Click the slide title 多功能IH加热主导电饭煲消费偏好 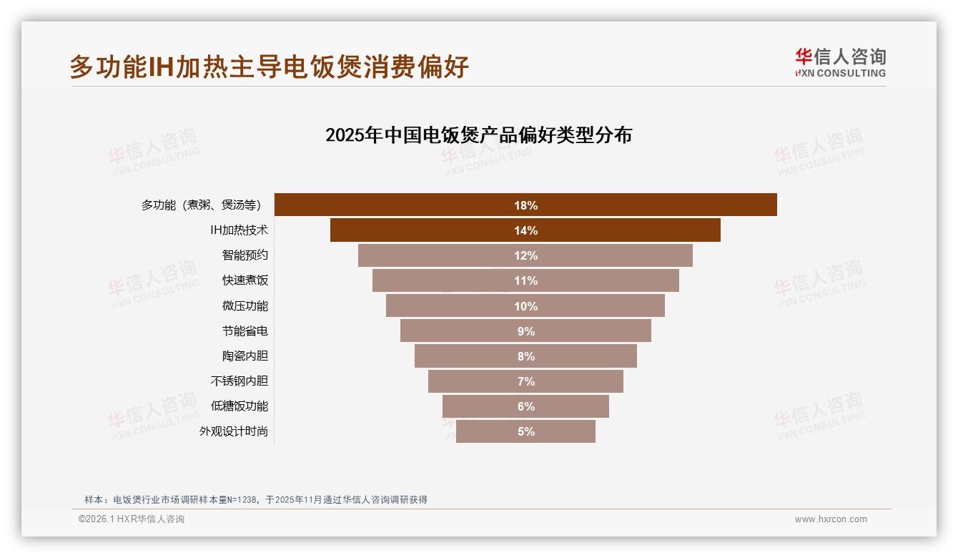point(269,67)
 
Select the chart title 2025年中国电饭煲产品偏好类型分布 point(478,135)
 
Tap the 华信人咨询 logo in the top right point(840,63)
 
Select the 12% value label point(525,255)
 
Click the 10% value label point(525,306)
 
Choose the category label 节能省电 point(245,331)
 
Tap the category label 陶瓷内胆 point(245,356)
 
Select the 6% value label point(525,406)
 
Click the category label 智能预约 point(245,255)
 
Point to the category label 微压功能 point(245,306)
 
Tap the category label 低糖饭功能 point(239,406)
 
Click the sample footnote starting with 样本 point(255,499)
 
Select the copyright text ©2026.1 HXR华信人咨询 point(132,519)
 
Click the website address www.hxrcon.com point(831,519)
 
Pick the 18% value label point(525,205)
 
